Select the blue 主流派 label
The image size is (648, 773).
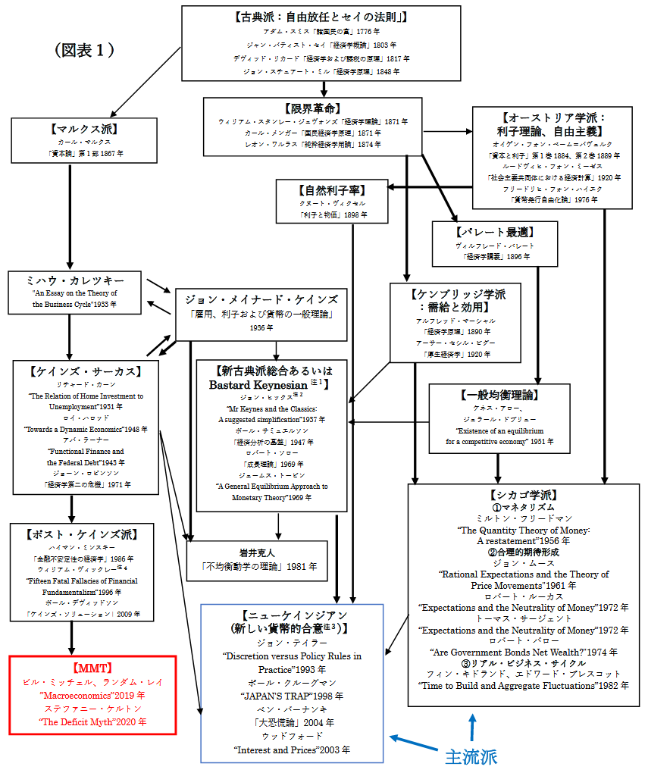pyautogui.click(x=470, y=756)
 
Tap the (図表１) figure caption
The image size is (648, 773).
pyautogui.click(x=85, y=50)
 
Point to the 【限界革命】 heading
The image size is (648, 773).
pyautogui.click(x=311, y=108)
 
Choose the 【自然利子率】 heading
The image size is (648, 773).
pyautogui.click(x=332, y=191)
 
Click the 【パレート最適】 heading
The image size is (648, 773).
pyautogui.click(x=494, y=233)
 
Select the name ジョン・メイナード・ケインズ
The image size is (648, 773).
pyautogui.click(x=261, y=298)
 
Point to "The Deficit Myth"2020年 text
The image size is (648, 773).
pyautogui.click(x=92, y=722)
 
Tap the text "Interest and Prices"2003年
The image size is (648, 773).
pyautogui.click(x=292, y=749)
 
